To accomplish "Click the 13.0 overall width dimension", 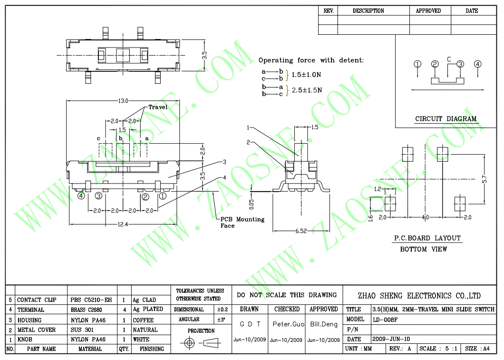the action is click(x=123, y=101).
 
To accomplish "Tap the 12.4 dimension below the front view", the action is click(x=123, y=224).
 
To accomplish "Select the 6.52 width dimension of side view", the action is click(x=301, y=231).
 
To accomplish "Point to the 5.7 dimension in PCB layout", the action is click(x=485, y=179).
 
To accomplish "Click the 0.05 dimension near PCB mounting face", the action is click(x=252, y=204).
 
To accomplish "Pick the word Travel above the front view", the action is click(x=158, y=107).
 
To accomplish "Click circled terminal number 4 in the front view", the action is click(x=81, y=195).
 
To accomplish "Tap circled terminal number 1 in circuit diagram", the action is click(x=417, y=64).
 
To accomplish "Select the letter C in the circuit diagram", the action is click(x=449, y=59).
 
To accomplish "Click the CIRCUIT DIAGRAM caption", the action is click(x=446, y=118).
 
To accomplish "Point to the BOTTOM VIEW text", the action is click(x=423, y=249).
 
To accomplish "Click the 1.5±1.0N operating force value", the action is click(x=306, y=75).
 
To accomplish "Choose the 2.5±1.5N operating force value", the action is click(x=307, y=90).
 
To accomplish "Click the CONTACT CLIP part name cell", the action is click(x=37, y=300).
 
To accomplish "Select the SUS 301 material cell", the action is click(x=82, y=330).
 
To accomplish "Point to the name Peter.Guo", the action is click(x=288, y=324).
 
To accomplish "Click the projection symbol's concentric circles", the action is click(x=189, y=343).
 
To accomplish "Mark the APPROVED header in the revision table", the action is click(x=428, y=10).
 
